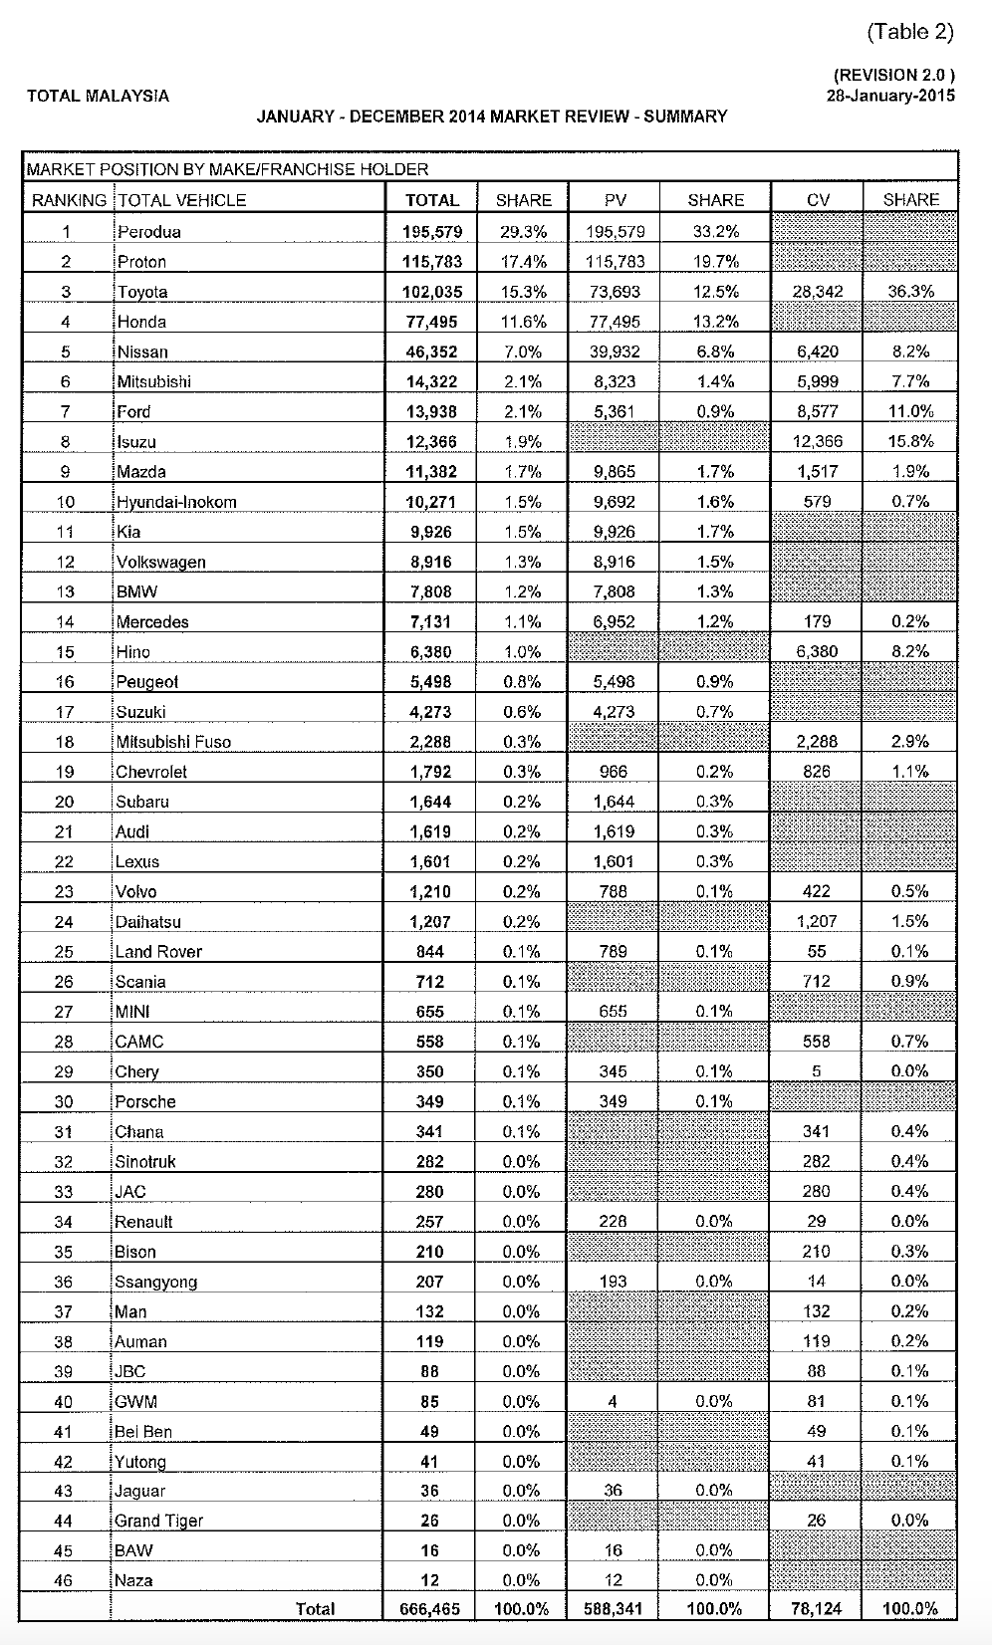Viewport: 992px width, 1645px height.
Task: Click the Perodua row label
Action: click(148, 232)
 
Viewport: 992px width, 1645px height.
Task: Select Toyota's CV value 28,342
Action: click(817, 292)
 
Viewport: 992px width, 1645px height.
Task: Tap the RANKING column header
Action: click(69, 200)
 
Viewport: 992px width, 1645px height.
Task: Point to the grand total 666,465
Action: click(430, 1608)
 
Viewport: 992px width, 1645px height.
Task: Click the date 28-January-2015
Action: click(889, 96)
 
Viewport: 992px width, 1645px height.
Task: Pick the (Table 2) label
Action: click(909, 32)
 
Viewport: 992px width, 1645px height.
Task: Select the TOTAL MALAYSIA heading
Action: click(98, 97)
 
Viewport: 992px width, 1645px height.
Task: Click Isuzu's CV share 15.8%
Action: click(909, 441)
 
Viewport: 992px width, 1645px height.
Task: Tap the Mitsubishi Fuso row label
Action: click(173, 742)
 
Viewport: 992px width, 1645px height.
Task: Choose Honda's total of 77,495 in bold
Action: click(431, 322)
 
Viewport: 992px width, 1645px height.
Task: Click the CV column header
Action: click(818, 200)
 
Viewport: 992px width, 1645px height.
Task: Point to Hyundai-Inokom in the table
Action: click(176, 502)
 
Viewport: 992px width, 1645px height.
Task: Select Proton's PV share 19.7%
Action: click(715, 262)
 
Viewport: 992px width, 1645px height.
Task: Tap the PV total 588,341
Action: click(614, 1608)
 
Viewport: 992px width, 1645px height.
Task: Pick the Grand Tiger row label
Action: click(159, 1521)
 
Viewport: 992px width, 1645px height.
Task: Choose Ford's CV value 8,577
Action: click(817, 411)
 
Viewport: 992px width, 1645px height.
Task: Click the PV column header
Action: click(615, 200)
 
